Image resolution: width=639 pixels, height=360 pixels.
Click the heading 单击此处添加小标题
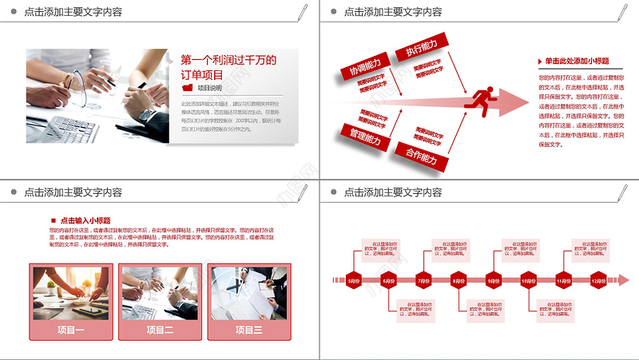tap(577, 61)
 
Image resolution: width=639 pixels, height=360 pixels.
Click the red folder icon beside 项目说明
tap(188, 88)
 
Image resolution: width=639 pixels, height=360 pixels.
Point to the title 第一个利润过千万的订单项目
tap(228, 66)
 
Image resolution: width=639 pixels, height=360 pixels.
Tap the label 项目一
tap(71, 330)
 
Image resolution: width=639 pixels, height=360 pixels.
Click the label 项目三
tap(247, 330)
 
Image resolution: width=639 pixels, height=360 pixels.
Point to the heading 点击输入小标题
tap(85, 220)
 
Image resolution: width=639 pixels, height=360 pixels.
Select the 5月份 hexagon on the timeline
tap(354, 281)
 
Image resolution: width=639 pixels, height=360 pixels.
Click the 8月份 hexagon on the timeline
tap(458, 281)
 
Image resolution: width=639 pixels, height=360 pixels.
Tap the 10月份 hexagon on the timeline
tap(528, 281)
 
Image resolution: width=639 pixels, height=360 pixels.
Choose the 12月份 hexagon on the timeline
tap(597, 281)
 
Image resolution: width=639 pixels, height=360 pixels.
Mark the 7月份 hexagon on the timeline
tap(423, 281)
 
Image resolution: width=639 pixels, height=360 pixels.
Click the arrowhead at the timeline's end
tap(624, 280)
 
